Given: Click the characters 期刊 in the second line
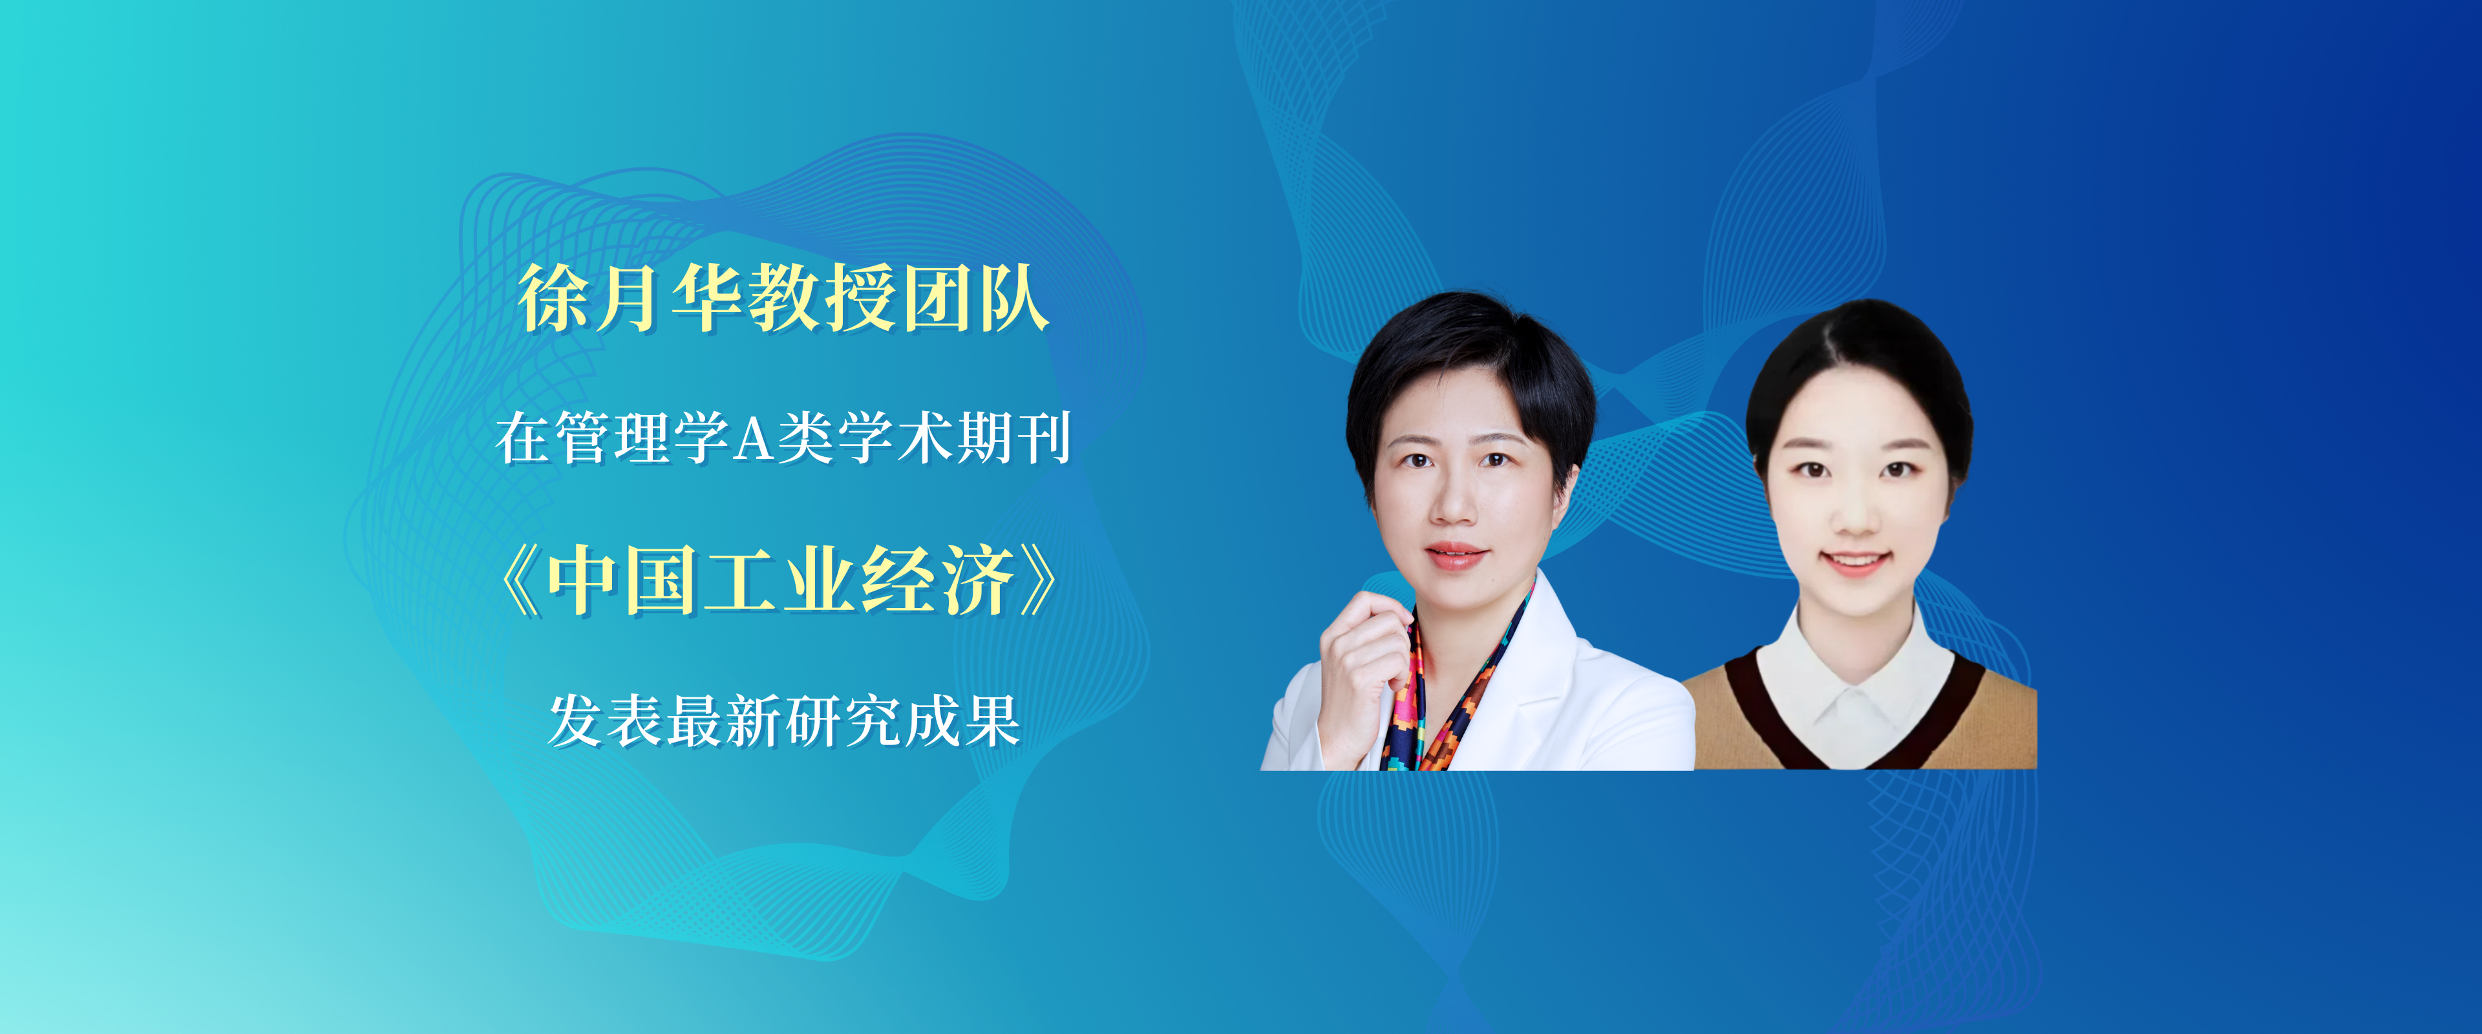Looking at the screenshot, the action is (x=1013, y=438).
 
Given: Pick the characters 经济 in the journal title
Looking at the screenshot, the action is (x=937, y=581).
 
